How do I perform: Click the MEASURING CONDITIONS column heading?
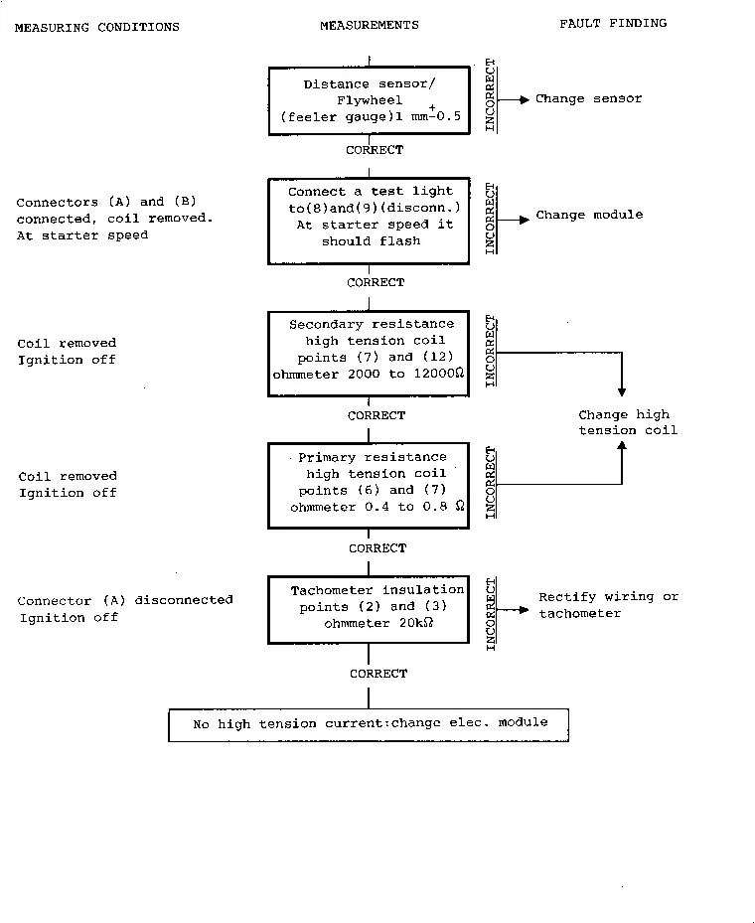(x=97, y=27)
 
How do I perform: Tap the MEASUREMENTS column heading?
(x=370, y=25)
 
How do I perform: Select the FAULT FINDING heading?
(x=613, y=24)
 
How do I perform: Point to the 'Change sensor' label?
(x=588, y=99)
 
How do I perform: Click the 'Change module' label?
(x=589, y=215)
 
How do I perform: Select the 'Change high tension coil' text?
(x=627, y=422)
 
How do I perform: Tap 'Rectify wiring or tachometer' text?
(x=609, y=605)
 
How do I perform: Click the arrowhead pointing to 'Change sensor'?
(x=525, y=99)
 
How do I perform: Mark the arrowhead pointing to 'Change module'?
(x=525, y=220)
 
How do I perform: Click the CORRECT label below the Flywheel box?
(x=375, y=150)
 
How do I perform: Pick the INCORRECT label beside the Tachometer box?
(x=490, y=614)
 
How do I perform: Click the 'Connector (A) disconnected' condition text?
(x=125, y=600)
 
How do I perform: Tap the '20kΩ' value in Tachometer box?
(x=416, y=623)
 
